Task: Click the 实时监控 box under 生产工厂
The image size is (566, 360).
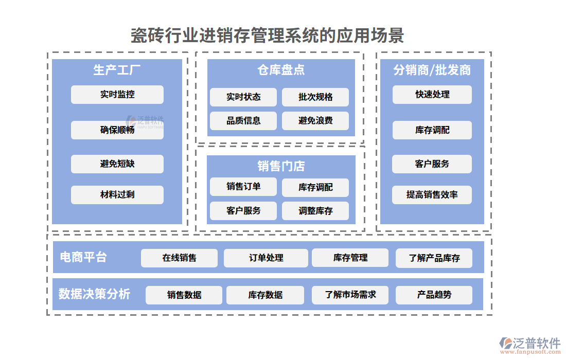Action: [117, 95]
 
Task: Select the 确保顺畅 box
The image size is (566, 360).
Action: [117, 130]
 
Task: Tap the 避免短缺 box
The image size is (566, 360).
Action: [117, 164]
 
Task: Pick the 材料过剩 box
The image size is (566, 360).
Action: [117, 195]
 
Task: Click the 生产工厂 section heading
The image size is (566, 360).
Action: [117, 70]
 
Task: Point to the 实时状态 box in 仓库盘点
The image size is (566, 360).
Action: [243, 97]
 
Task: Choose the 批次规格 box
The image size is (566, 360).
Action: [315, 97]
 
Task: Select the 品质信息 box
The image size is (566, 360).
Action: [243, 121]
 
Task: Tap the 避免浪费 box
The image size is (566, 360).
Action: [315, 121]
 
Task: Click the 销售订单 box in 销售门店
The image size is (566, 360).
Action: [243, 187]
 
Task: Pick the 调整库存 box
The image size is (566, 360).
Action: [315, 211]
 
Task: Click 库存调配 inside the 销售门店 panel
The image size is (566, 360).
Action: [315, 187]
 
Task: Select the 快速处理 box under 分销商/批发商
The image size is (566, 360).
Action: [432, 95]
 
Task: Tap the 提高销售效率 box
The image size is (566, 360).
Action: [432, 195]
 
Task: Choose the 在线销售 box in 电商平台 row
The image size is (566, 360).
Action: [179, 258]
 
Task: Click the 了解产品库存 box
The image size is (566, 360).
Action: [434, 258]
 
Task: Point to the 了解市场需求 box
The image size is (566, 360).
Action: [350, 295]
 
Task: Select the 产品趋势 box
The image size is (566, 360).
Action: [434, 295]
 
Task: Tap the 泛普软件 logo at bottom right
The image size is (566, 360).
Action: [530, 344]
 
